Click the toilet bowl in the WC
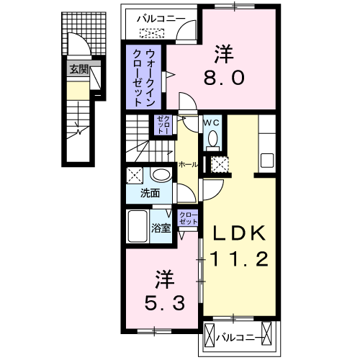[x=212, y=143]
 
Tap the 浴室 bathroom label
[x=161, y=228]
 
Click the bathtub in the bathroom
[x=138, y=227]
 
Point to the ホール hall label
[x=189, y=164]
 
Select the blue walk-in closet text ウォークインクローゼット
[x=145, y=76]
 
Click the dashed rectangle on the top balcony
[x=152, y=33]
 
